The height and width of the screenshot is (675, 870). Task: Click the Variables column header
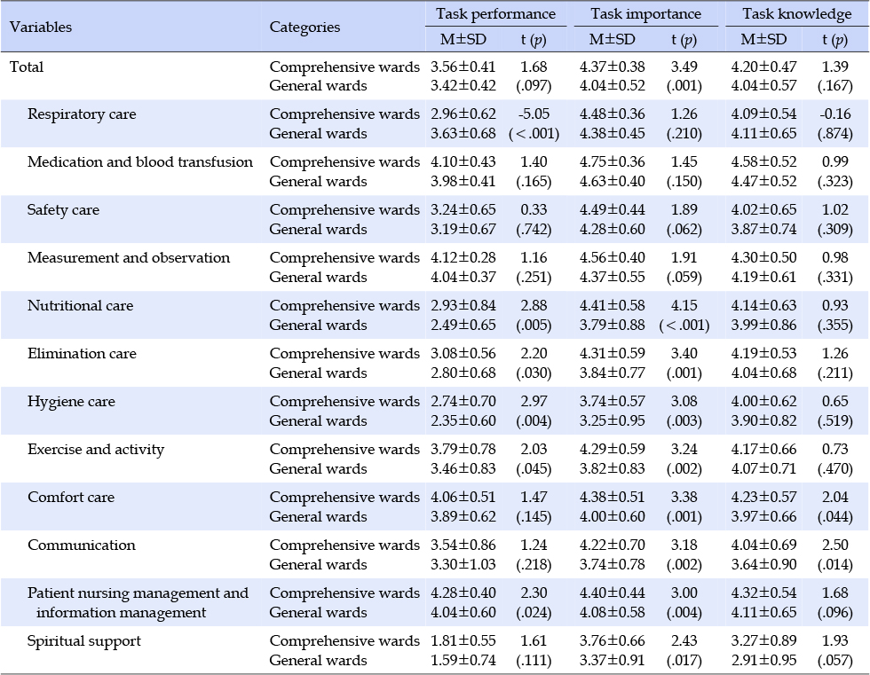click(x=41, y=27)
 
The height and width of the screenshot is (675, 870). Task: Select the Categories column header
click(x=304, y=27)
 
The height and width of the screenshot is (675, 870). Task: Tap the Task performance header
click(x=495, y=13)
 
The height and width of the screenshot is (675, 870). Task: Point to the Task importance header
click(x=646, y=13)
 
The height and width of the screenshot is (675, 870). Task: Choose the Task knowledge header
click(x=797, y=13)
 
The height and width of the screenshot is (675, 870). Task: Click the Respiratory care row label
click(x=82, y=114)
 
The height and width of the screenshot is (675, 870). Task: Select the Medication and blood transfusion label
click(x=140, y=161)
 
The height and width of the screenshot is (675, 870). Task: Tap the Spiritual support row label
click(x=83, y=641)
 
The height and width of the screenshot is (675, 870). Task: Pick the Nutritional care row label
click(x=80, y=305)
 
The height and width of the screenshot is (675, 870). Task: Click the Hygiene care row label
click(x=71, y=402)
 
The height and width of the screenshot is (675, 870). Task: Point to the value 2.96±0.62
click(x=463, y=114)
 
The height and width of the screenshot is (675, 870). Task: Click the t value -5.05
click(x=534, y=114)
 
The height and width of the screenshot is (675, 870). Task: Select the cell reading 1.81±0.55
click(x=463, y=640)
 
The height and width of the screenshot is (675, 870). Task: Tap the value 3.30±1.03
click(x=463, y=564)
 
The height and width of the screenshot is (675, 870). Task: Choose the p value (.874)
click(x=835, y=134)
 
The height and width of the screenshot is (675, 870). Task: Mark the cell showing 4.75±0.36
click(x=613, y=161)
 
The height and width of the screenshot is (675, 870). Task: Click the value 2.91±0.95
click(x=764, y=660)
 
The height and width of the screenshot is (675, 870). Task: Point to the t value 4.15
click(x=684, y=305)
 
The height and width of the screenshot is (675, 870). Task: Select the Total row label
click(x=27, y=67)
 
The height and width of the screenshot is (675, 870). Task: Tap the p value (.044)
click(x=835, y=516)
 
